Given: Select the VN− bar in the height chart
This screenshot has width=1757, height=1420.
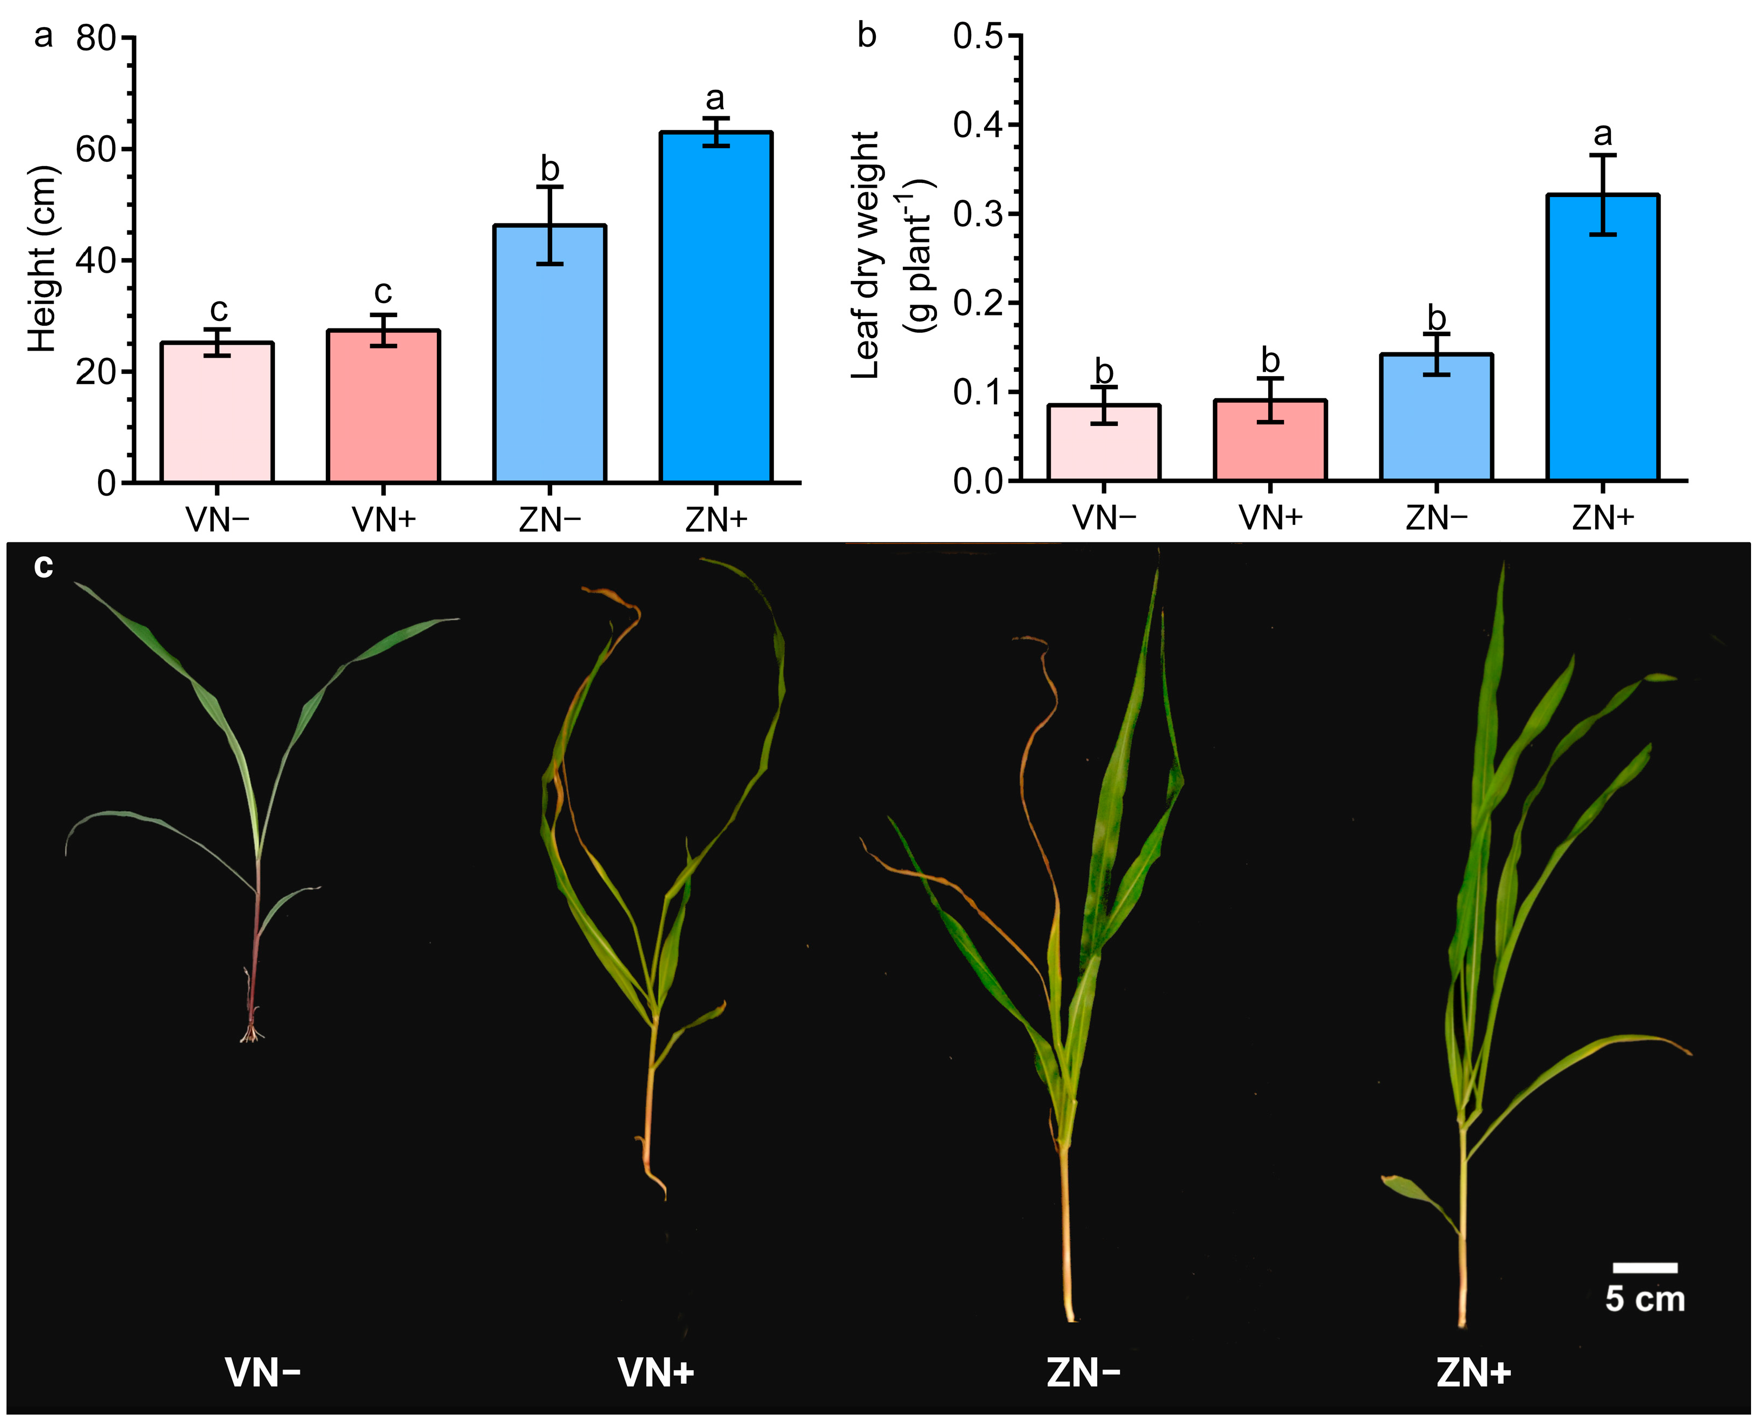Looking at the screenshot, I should point(217,413).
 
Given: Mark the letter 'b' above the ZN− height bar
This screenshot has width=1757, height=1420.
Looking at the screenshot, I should point(550,170).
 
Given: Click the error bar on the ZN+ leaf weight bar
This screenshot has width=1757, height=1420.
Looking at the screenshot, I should point(1603,195).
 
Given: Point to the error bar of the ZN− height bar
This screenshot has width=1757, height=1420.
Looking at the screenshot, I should point(550,226).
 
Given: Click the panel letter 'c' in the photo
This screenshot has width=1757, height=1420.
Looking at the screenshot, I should point(43,567).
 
